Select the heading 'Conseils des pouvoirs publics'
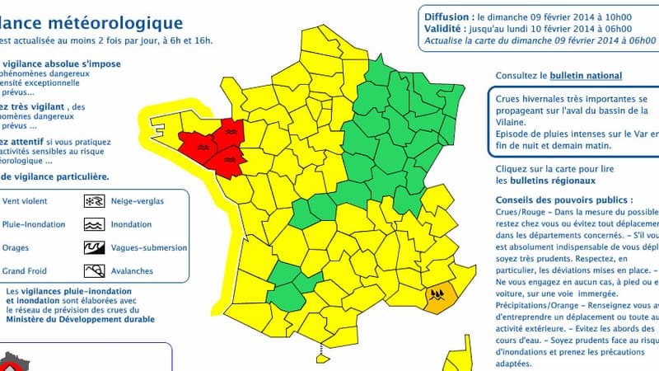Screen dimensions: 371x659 pyautogui.click(x=563, y=200)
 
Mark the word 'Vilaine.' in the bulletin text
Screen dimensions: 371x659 pyautogui.click(x=512, y=121)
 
